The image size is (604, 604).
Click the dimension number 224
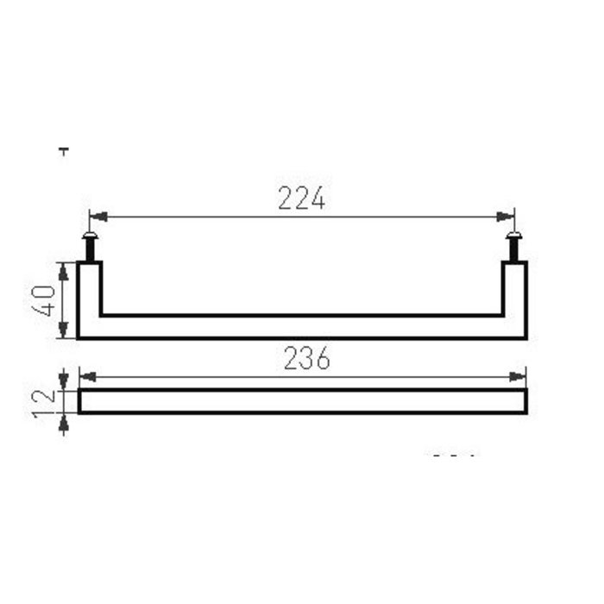coord(302,199)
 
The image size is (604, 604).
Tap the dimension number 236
coord(306,360)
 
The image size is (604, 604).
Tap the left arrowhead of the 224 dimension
coord(97,217)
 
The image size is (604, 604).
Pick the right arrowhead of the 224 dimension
coord(508,217)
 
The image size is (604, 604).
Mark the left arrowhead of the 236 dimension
coord(85,376)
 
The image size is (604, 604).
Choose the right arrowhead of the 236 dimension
coord(519,376)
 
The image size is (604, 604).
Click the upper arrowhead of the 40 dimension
coord(64,268)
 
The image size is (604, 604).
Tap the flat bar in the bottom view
coord(302,402)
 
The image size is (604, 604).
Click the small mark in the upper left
coord(63,151)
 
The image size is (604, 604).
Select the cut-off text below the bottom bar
coord(454,454)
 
